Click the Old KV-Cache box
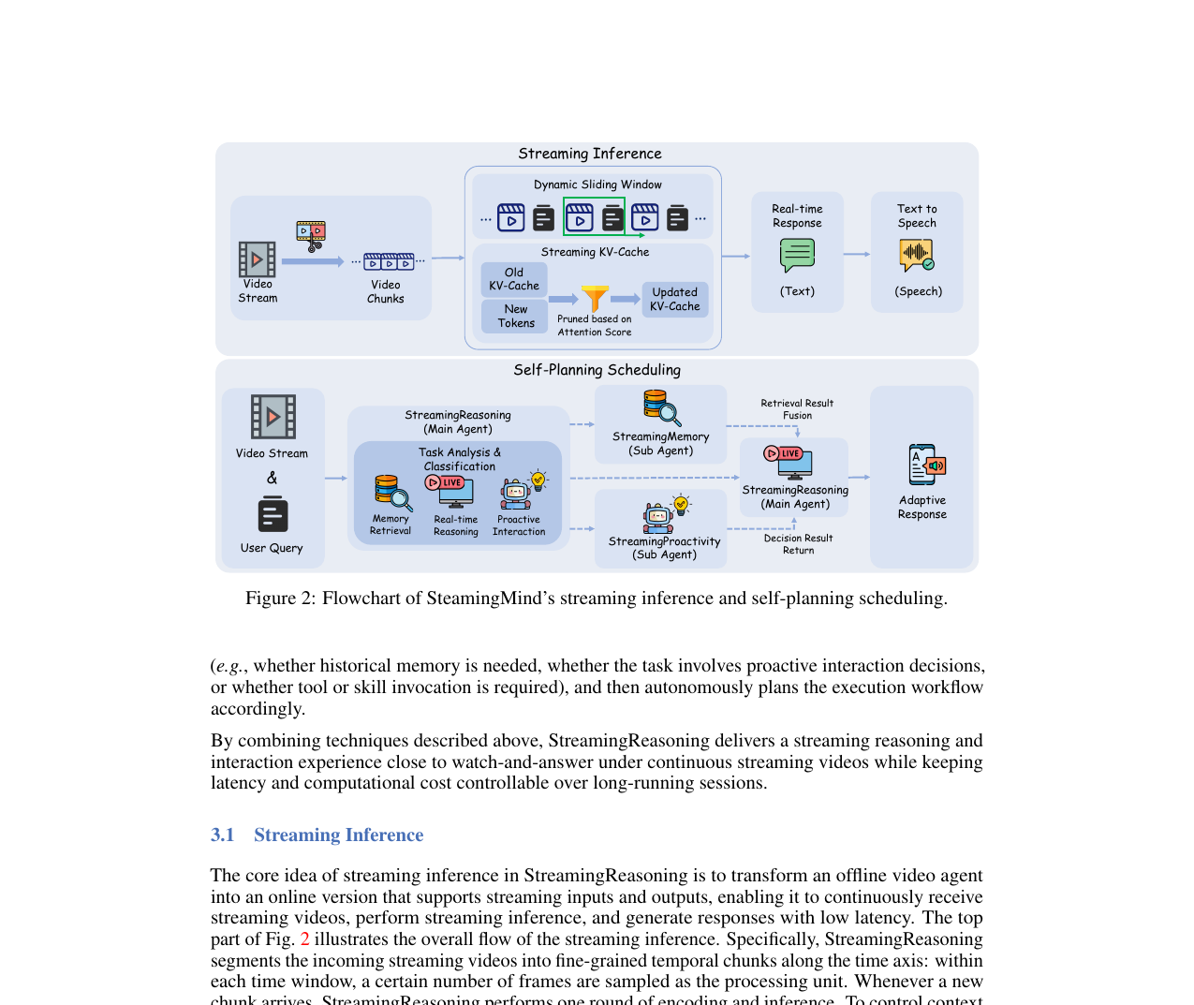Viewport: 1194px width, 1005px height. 514,279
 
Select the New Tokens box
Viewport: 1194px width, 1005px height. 515,317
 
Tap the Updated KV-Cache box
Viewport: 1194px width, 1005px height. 674,300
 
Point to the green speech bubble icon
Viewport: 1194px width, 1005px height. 797,255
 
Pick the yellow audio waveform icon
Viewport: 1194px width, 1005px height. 916,254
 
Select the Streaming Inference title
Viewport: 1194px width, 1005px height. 590,154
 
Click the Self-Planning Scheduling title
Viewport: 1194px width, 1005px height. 597,370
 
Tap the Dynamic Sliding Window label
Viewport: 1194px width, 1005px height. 597,185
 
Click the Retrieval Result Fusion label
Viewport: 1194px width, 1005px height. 797,409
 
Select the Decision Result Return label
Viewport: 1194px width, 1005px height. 798,544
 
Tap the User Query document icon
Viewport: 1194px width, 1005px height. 273,514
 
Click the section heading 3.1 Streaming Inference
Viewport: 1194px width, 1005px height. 317,835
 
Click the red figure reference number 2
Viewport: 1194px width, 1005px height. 304,939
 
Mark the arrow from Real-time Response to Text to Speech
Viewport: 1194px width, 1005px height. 856,254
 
